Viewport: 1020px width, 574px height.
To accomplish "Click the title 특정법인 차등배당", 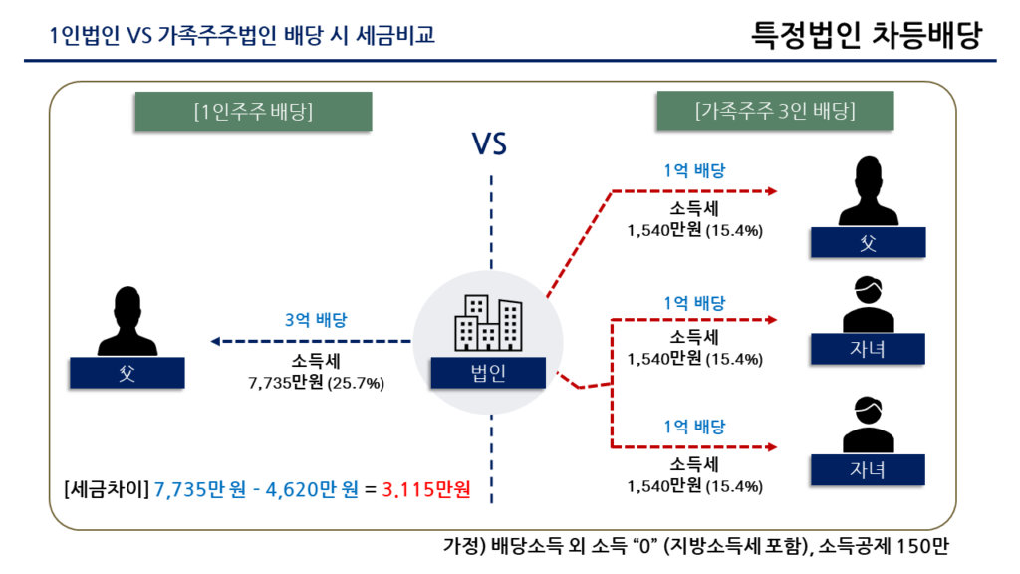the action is pos(866,35).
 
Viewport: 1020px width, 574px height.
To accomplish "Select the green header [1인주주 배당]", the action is pos(254,112).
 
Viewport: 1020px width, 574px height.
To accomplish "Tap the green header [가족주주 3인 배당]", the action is pos(775,111).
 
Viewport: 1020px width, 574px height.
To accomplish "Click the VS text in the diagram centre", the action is pos(489,143).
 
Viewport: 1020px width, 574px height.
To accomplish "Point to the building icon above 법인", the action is pos(488,324).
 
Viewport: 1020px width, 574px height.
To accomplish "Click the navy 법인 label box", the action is pos(488,373).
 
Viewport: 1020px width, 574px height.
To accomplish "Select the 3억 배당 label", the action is pos(316,320).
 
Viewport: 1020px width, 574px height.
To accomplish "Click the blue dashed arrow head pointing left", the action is pos(215,341).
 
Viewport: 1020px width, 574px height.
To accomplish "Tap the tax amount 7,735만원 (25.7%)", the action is pos(316,383).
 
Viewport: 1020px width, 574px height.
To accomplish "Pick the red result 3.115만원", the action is pos(426,489).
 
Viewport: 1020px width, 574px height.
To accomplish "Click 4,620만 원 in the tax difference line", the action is pos(312,489).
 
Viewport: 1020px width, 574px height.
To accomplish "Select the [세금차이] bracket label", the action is pos(107,489).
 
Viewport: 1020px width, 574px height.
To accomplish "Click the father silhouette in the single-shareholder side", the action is pos(127,321).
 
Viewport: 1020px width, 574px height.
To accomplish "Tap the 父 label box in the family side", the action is pos(868,243).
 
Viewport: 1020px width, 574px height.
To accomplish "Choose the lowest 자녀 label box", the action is pos(868,470).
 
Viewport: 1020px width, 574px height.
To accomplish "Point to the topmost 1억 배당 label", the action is pos(694,171).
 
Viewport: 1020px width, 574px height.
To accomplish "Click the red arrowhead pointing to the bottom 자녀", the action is pos(772,447).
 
